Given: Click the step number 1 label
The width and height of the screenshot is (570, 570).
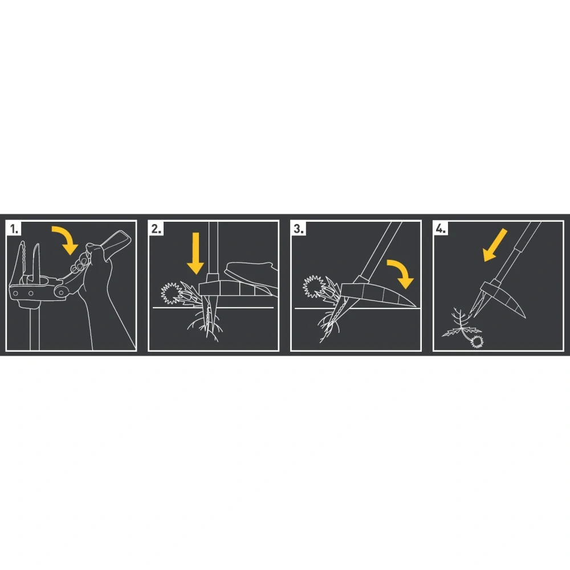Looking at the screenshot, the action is click(14, 229).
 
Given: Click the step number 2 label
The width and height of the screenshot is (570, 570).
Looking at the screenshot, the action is click(156, 229).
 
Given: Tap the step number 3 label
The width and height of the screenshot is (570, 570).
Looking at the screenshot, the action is click(299, 229).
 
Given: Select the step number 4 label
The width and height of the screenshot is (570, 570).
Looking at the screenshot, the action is click(441, 229).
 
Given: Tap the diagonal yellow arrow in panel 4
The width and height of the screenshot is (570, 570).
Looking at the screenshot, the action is click(495, 245).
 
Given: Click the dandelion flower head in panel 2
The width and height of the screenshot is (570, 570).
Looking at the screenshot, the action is click(172, 292).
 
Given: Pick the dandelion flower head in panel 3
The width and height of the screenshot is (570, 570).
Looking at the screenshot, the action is click(313, 286).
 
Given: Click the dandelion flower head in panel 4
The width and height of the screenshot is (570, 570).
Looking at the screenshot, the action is click(477, 341).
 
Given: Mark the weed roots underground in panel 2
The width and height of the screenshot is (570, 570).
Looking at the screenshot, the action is click(205, 325).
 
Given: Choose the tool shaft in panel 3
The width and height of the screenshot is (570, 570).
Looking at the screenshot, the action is click(380, 251).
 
